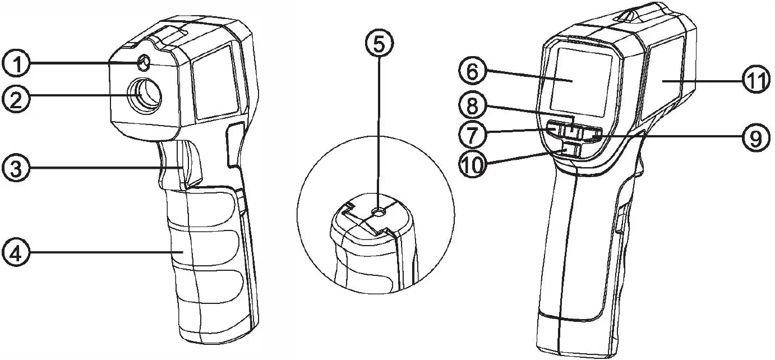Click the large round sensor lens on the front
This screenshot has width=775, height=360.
click(144, 95)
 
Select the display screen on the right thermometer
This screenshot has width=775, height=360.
click(578, 80)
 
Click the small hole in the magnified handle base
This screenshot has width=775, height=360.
click(379, 211)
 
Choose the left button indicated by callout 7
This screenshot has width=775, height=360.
click(555, 131)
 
